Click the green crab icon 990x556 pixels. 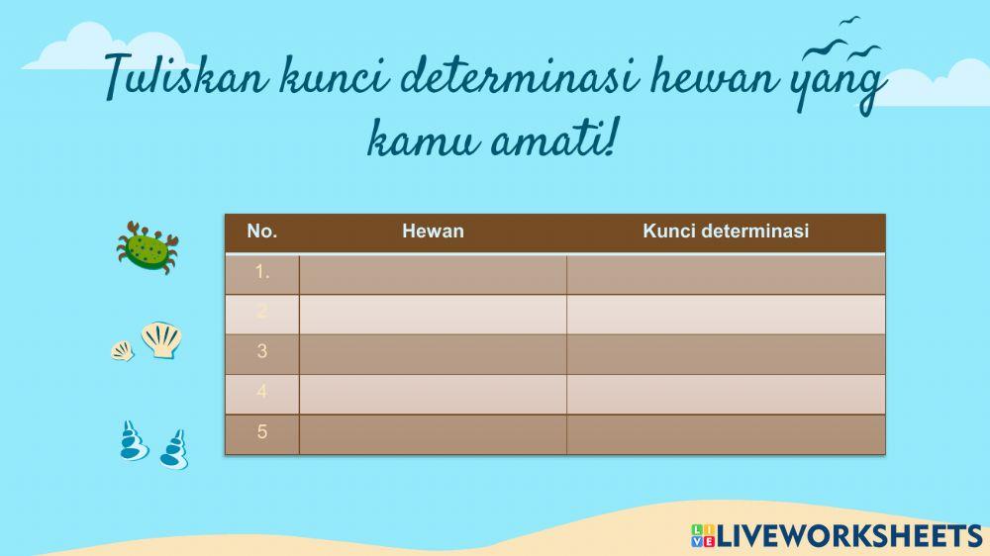coord(147,246)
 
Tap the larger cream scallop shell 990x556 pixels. coord(161,339)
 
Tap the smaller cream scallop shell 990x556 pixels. coord(122,350)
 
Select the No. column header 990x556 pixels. coord(262,232)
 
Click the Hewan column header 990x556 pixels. coord(433,232)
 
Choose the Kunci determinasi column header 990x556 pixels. coord(726,232)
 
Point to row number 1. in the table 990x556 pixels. coord(262,272)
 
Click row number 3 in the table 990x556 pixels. coord(262,351)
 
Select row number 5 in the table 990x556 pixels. coord(262,432)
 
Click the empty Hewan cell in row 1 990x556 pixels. coord(433,273)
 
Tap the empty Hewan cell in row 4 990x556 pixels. coord(433,393)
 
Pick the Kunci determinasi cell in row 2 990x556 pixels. coord(726,313)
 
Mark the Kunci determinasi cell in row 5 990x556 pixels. coord(726,433)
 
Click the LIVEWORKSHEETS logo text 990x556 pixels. coord(847,535)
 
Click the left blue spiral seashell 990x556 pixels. coord(133,441)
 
